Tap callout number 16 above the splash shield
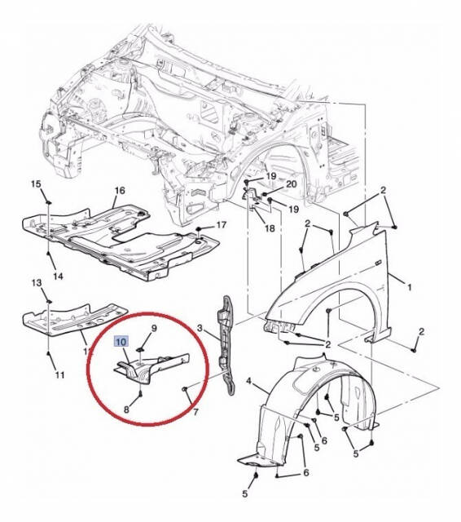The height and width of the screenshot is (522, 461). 120,190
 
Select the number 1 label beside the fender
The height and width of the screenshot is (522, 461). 410,286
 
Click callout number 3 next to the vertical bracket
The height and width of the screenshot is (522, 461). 200,329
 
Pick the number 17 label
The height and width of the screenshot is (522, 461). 222,225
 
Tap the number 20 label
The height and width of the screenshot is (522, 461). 292,184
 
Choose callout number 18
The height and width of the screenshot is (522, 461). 270,228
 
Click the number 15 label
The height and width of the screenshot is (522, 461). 36,184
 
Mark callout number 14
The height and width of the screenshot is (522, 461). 58,276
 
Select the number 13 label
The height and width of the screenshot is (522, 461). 37,283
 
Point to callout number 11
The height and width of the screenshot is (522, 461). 59,375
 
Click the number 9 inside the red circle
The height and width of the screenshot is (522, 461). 154,328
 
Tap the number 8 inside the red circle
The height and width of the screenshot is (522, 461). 126,409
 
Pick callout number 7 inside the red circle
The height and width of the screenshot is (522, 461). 195,412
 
